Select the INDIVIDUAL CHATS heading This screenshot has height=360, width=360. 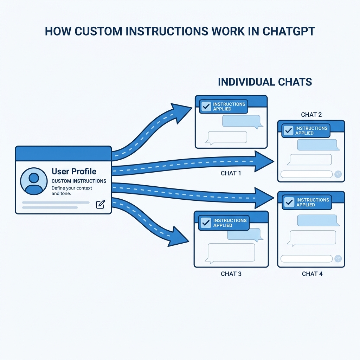(265, 82)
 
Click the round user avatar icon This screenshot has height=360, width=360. (34, 181)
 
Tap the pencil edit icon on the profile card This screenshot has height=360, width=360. (101, 204)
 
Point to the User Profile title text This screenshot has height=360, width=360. (74, 172)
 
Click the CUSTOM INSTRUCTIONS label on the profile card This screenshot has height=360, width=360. (79, 181)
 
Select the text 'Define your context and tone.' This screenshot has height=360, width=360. (72, 191)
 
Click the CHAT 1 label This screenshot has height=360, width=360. (231, 173)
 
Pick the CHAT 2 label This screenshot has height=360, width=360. (311, 115)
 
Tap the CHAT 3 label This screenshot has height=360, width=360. (231, 274)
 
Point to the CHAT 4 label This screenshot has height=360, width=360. (312, 274)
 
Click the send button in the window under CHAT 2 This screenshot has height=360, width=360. (338, 174)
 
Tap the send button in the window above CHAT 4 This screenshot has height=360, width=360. (338, 259)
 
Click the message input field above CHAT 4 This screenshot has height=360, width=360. (306, 259)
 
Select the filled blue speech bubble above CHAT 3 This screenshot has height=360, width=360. (243, 234)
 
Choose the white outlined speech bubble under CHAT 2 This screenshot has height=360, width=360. (309, 160)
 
